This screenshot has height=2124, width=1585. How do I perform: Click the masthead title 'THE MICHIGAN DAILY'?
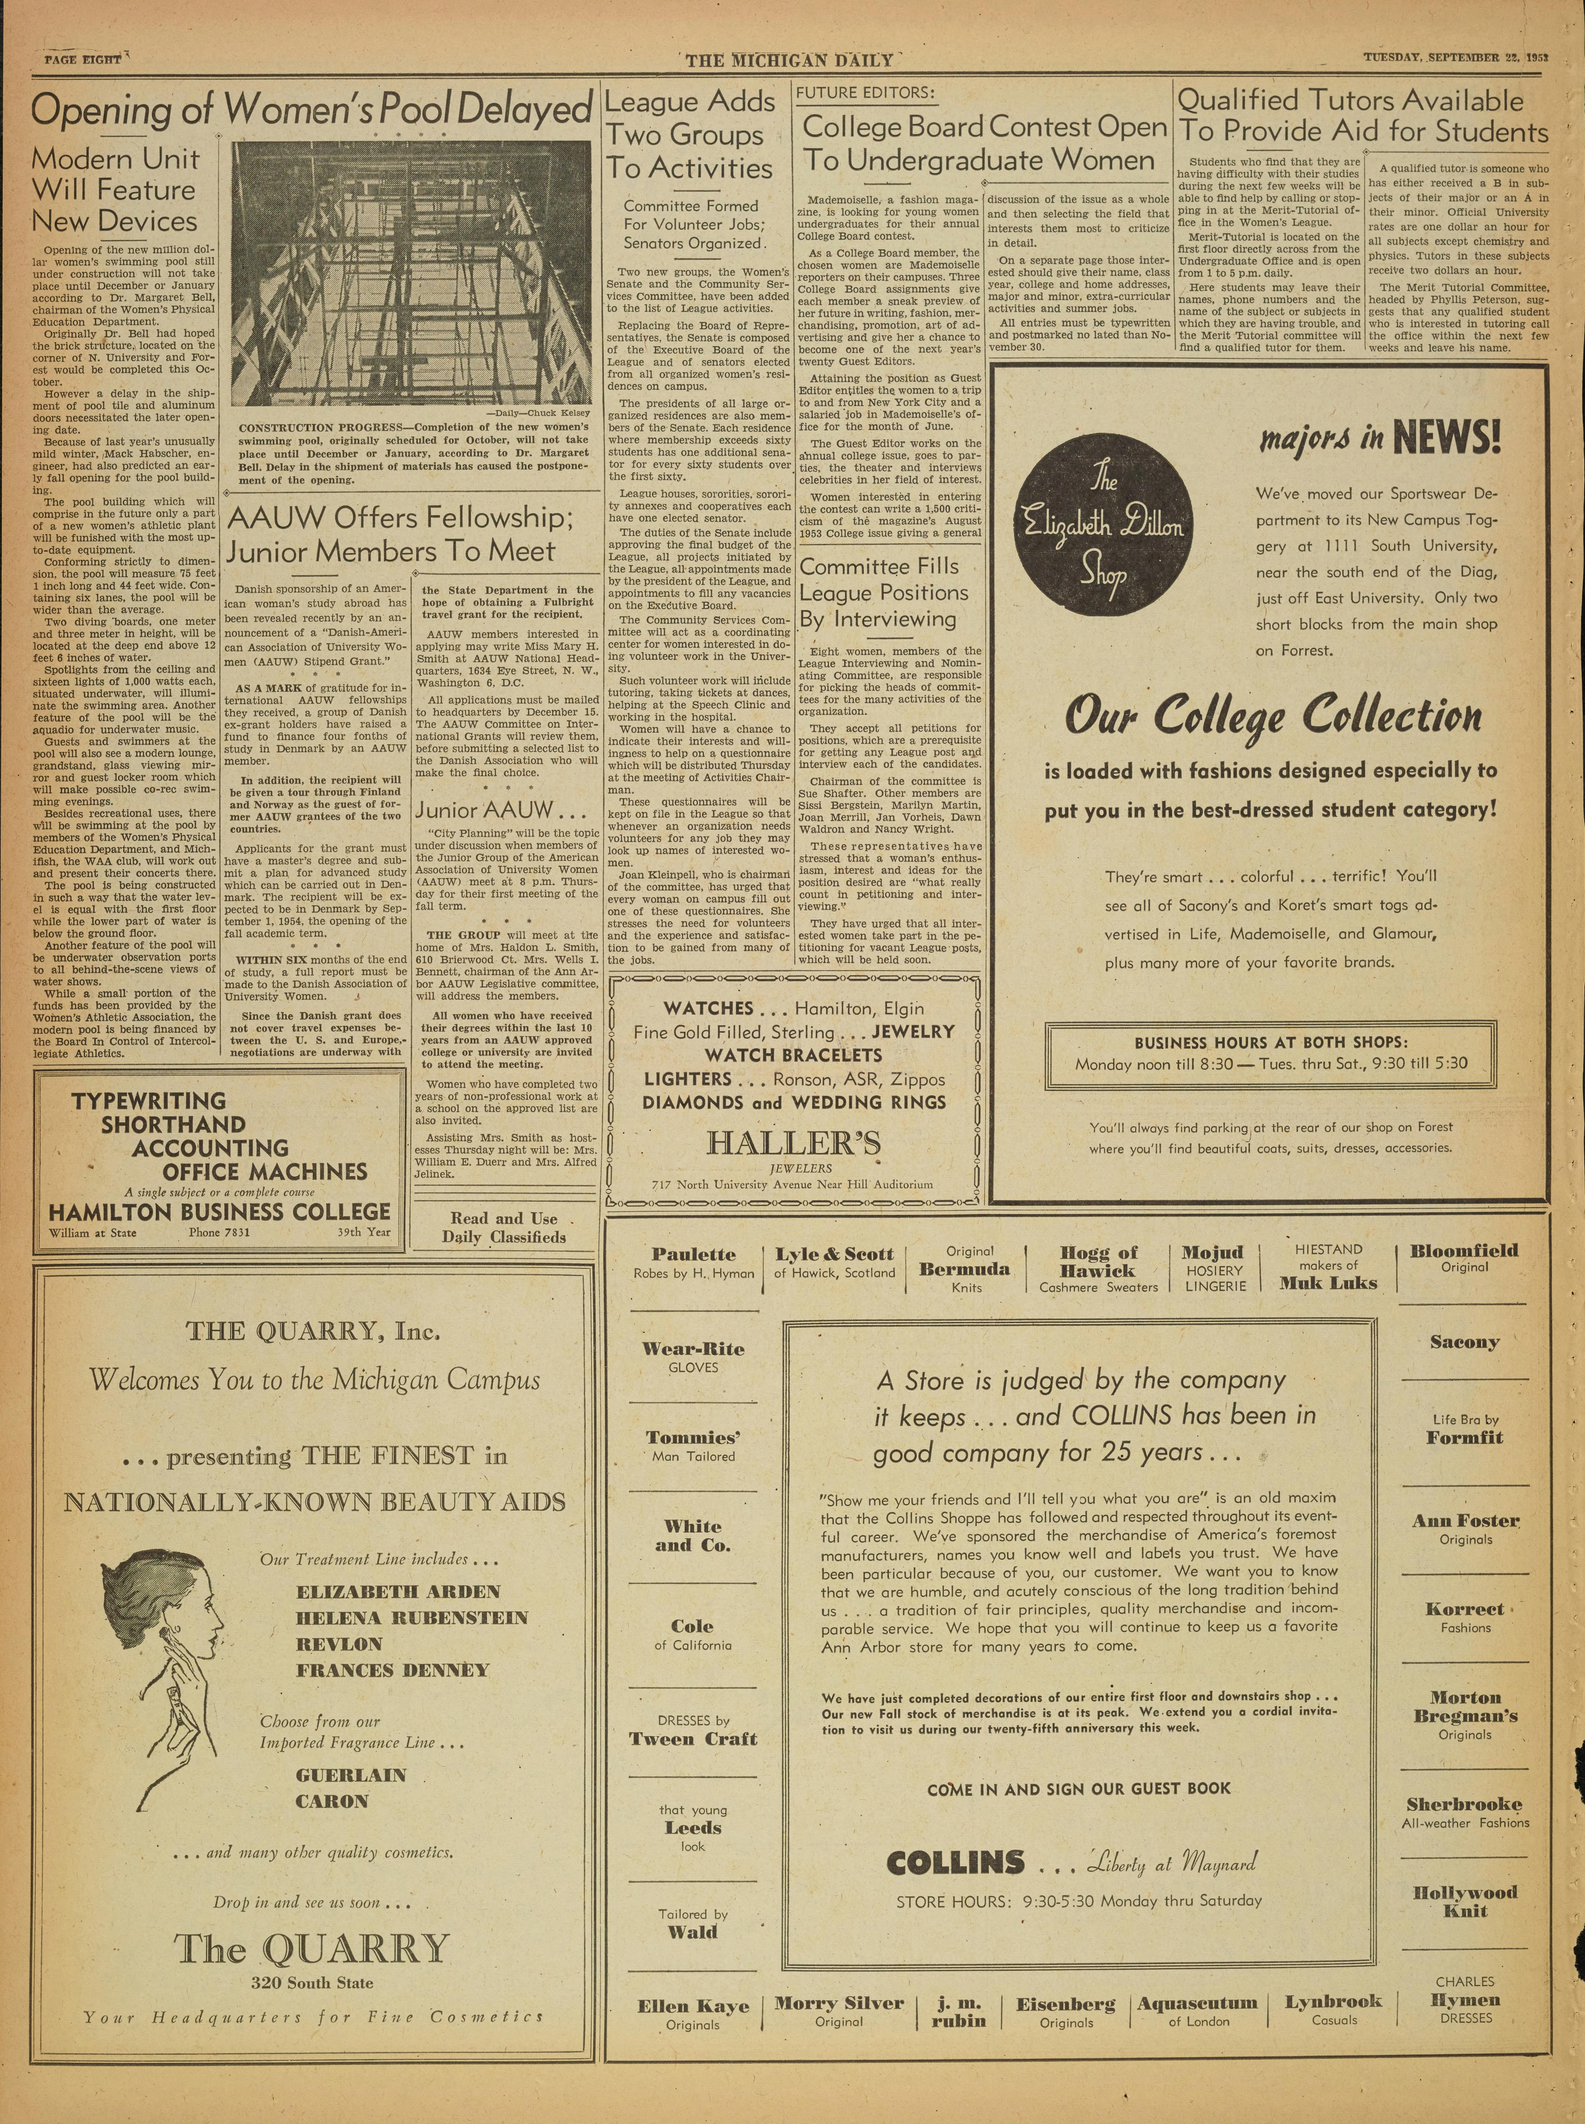click(789, 60)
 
